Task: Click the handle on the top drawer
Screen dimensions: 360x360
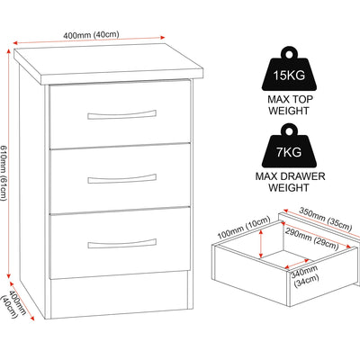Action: (x=121, y=114)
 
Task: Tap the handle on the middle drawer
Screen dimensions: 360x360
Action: (x=121, y=178)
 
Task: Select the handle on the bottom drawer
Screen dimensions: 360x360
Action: (x=121, y=244)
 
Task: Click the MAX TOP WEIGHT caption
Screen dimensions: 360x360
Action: (x=289, y=105)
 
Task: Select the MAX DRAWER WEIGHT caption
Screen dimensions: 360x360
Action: (x=290, y=182)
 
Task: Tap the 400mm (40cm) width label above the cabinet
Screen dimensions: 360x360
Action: (x=91, y=34)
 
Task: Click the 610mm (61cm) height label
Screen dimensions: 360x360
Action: (x=4, y=174)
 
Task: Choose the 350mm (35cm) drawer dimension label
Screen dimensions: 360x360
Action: (x=325, y=219)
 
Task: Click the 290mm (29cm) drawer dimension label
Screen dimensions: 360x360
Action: (x=311, y=239)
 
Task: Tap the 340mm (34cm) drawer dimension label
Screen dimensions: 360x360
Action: (x=305, y=276)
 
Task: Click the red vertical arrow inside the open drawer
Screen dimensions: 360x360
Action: (x=262, y=243)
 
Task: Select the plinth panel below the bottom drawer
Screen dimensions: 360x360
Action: (x=120, y=294)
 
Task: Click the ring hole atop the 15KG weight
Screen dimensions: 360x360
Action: (x=289, y=55)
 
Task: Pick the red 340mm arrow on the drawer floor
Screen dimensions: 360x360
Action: (x=297, y=264)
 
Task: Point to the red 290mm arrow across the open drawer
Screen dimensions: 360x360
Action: (x=316, y=234)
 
